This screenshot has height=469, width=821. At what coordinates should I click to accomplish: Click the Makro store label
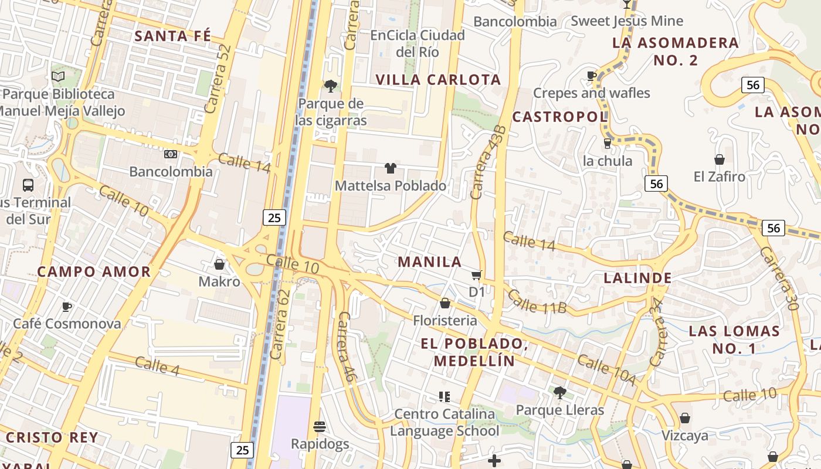click(x=219, y=281)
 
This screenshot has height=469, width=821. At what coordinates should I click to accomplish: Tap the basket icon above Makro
click(x=219, y=264)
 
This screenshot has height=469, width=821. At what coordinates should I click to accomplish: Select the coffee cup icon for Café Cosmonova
click(x=67, y=307)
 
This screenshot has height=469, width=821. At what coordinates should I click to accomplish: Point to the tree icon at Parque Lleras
click(x=559, y=392)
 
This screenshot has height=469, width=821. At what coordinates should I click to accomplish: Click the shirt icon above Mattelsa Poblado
click(x=391, y=168)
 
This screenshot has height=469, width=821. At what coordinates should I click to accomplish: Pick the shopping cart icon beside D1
click(x=476, y=275)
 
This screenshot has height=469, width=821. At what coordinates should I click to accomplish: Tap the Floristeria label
click(x=445, y=321)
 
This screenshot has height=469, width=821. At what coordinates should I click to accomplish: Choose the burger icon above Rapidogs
click(x=320, y=426)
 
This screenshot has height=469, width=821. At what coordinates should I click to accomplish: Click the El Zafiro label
click(x=719, y=176)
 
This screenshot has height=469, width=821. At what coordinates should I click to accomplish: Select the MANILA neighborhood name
click(x=430, y=262)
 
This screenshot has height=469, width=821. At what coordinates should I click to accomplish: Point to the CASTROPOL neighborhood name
click(x=559, y=117)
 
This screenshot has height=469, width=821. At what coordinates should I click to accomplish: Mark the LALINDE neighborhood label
click(x=637, y=278)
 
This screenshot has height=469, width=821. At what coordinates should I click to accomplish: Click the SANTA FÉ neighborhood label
click(x=172, y=36)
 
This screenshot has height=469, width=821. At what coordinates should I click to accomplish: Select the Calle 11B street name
click(x=537, y=301)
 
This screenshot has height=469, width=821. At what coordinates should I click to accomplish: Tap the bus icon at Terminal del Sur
click(x=28, y=185)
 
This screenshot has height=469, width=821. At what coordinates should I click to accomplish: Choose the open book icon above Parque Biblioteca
click(x=57, y=76)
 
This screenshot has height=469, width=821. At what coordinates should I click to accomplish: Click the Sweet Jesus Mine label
click(x=627, y=21)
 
